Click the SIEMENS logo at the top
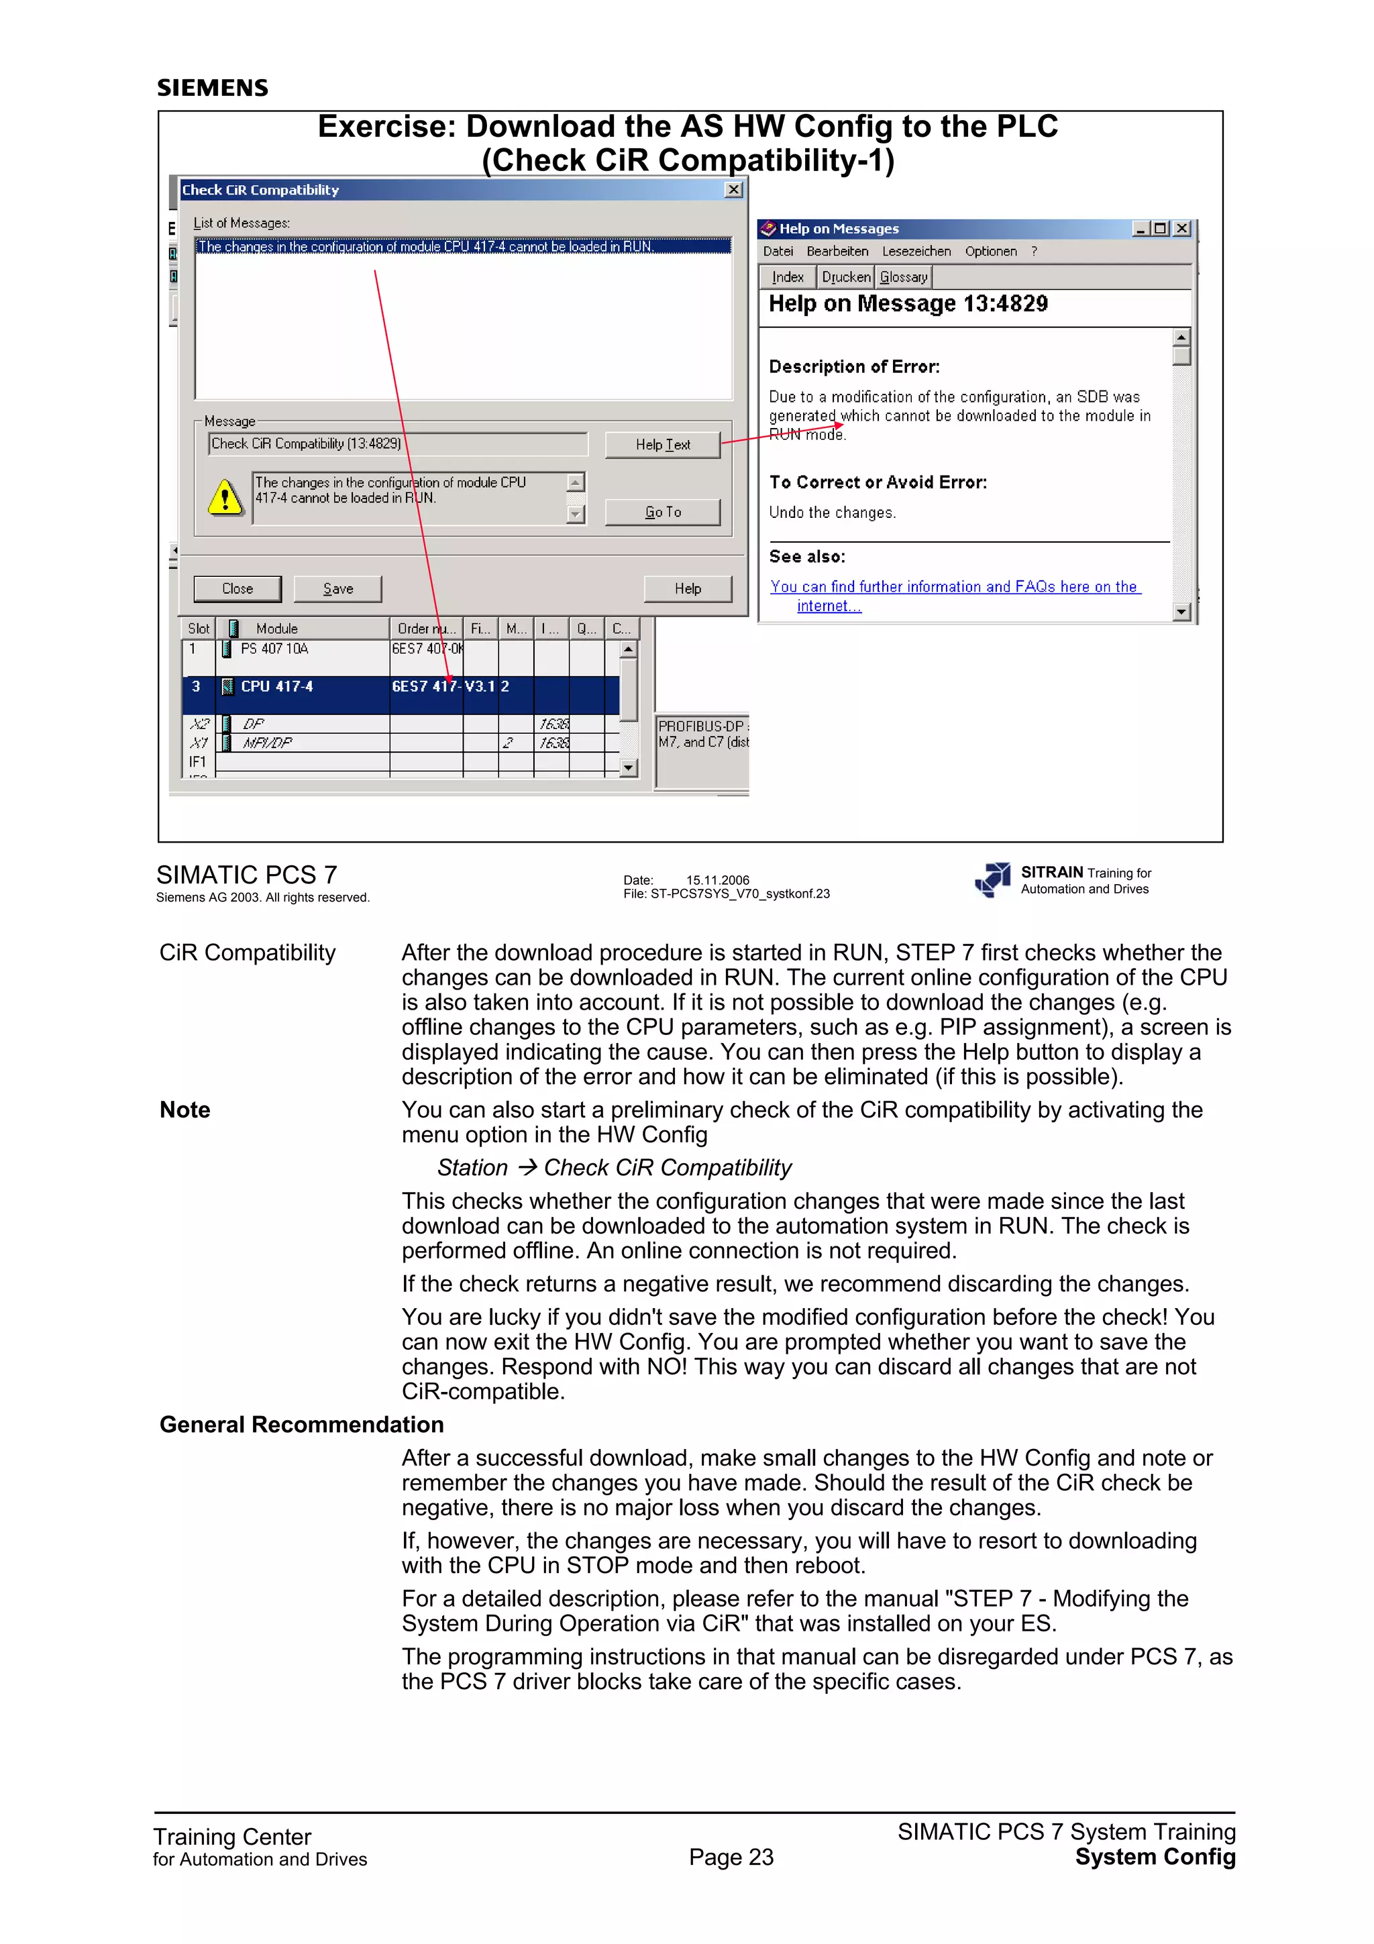(x=213, y=88)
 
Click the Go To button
(x=662, y=512)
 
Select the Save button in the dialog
(x=337, y=588)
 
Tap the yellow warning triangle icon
(x=225, y=498)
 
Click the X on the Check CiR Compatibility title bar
(x=734, y=190)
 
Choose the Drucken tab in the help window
(x=846, y=277)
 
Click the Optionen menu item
(x=990, y=252)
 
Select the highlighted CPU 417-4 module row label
(x=277, y=687)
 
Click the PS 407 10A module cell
(x=274, y=649)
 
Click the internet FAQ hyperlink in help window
(x=954, y=588)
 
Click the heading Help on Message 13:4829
(x=908, y=304)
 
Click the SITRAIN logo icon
(x=992, y=879)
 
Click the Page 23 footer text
(x=731, y=1857)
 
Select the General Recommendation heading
(x=301, y=1424)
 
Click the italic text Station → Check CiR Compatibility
(x=614, y=1168)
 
